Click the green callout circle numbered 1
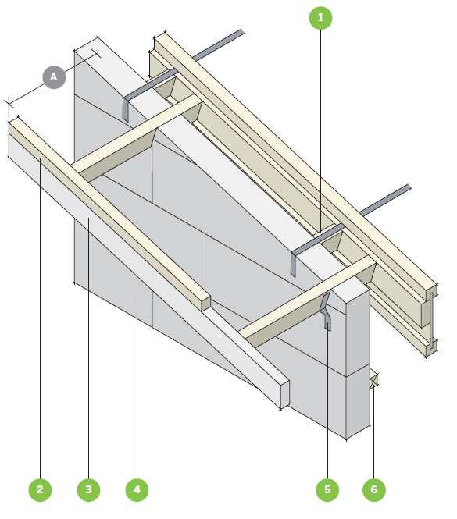click(x=320, y=18)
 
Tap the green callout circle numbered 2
click(x=40, y=490)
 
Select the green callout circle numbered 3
click(x=88, y=490)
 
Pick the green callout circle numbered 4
click(x=137, y=490)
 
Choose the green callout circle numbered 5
click(x=327, y=490)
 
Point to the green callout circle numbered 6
click(x=374, y=490)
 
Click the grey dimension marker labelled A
click(x=54, y=77)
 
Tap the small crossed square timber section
click(x=374, y=380)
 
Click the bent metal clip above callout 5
click(x=326, y=311)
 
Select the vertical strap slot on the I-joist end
click(x=431, y=321)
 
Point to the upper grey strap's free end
click(x=242, y=32)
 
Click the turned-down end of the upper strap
click(x=125, y=109)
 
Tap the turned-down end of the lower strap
click(x=293, y=264)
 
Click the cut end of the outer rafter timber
click(x=205, y=304)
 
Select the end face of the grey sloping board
click(x=285, y=395)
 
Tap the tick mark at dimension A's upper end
click(x=96, y=53)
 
